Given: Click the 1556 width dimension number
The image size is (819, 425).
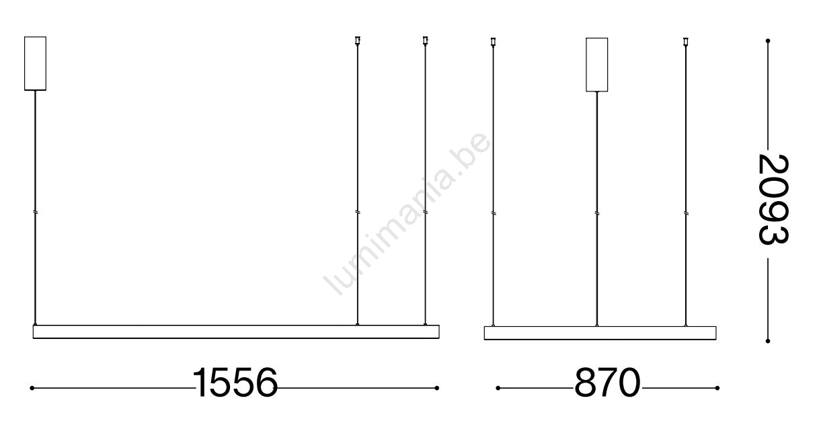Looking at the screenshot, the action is click(x=235, y=383).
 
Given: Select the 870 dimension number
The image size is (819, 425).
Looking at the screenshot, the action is click(x=607, y=383).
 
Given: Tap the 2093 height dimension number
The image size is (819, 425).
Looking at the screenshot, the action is click(x=773, y=199).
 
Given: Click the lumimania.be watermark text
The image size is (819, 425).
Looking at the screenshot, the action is click(x=407, y=214).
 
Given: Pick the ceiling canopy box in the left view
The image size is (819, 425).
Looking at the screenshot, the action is click(x=35, y=63).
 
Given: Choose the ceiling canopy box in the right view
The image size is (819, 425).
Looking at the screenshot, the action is click(x=596, y=65).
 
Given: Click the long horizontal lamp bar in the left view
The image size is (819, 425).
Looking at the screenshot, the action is click(x=236, y=332).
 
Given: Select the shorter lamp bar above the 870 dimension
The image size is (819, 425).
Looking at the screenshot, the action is click(x=600, y=333).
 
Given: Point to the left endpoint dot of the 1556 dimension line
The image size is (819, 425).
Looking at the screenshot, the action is click(x=32, y=388).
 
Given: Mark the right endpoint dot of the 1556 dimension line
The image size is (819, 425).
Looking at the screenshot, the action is click(x=436, y=388).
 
